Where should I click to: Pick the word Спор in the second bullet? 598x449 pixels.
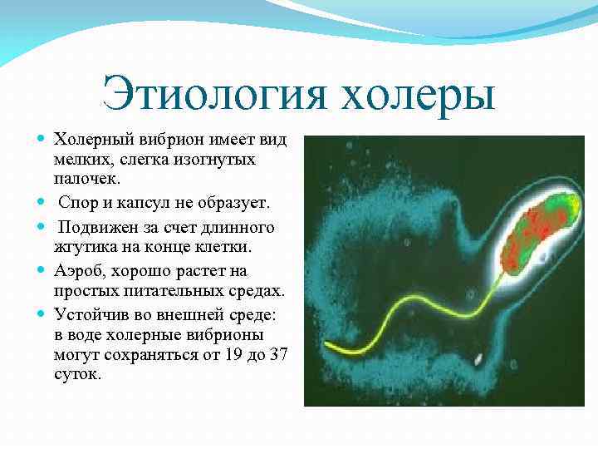[76, 203]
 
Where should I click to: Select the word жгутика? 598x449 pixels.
[83, 248]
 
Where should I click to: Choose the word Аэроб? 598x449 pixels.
[76, 271]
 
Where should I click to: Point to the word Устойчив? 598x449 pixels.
[94, 314]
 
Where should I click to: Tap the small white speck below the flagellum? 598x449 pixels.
[479, 359]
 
